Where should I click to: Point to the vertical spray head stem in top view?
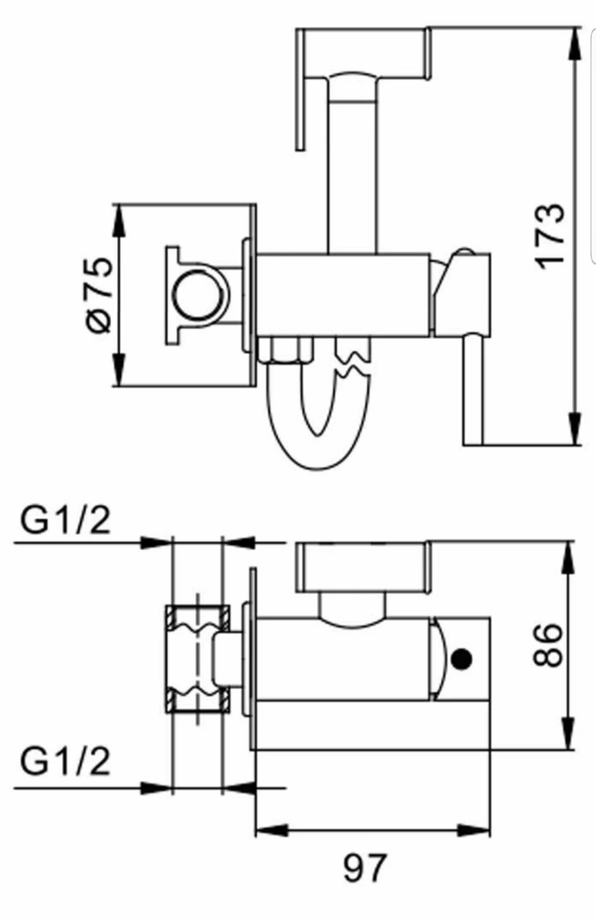[x=353, y=175]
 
